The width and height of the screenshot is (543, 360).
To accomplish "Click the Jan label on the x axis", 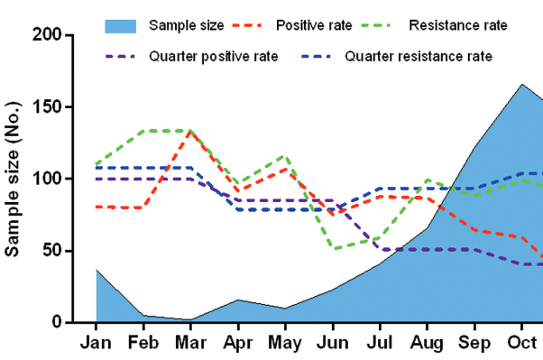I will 96,343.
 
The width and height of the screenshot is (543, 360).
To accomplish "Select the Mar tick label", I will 190,343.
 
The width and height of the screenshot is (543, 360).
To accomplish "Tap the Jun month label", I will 333,343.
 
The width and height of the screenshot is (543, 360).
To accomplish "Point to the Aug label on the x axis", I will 428,343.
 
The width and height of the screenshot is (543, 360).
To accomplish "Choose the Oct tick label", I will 522,343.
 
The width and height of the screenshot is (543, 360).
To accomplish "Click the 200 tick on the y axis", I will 48,35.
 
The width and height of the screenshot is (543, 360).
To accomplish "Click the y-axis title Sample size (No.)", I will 14,179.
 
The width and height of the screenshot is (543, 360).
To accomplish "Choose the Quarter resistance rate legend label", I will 428,56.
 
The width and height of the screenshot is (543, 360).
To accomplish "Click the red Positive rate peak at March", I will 190,131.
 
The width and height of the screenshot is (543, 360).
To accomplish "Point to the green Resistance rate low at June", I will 333,248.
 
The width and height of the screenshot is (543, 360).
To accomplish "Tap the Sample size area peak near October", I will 522,84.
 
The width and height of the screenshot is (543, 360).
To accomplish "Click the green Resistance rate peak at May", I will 285,156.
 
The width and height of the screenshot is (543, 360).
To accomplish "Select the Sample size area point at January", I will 96,270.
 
